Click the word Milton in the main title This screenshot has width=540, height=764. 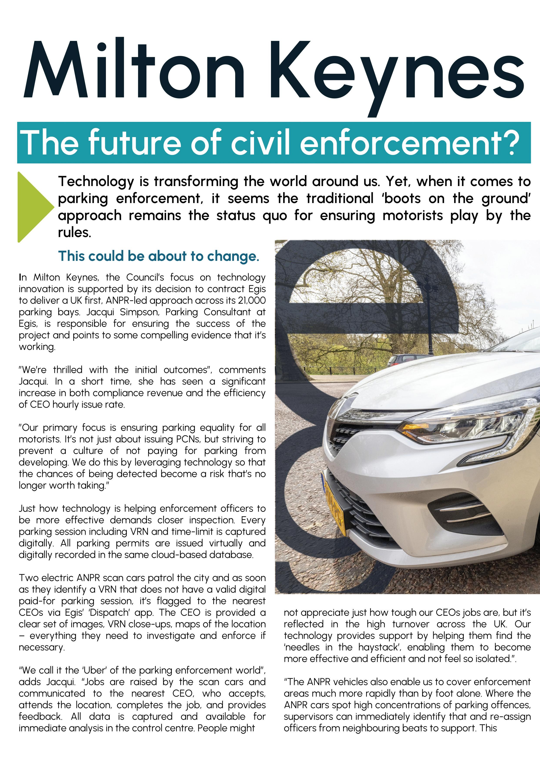coord(133,70)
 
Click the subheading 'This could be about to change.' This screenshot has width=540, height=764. coord(159,256)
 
